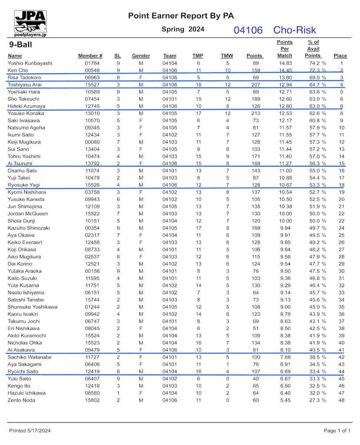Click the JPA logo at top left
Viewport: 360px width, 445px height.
point(30,22)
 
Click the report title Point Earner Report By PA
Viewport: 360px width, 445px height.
point(181,16)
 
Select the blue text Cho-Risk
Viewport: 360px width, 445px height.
point(294,30)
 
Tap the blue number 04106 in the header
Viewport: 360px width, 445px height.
point(248,30)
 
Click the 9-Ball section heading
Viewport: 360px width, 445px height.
point(20,45)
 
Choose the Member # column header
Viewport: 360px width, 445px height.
point(90,56)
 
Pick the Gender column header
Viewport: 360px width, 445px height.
point(141,56)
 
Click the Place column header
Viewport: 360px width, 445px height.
point(340,56)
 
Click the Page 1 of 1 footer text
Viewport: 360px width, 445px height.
point(337,431)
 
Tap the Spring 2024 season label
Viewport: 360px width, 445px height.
point(183,30)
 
